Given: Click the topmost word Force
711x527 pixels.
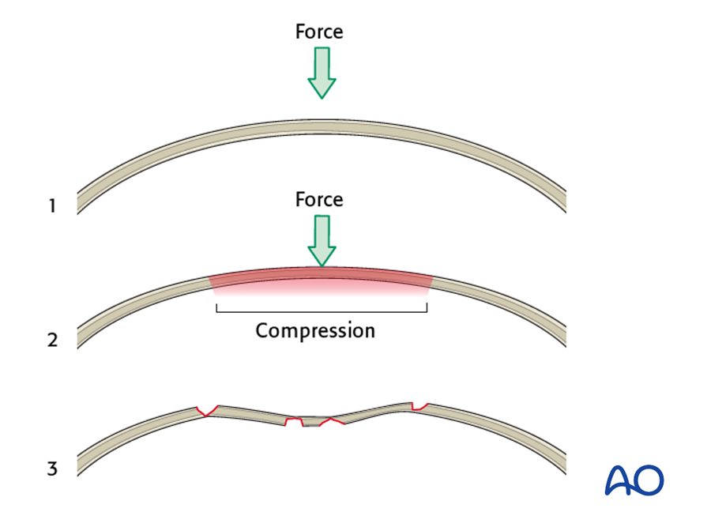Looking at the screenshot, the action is [x=319, y=32].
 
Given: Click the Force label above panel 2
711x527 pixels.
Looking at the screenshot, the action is [x=319, y=200].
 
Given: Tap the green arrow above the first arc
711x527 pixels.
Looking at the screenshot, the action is [x=322, y=73].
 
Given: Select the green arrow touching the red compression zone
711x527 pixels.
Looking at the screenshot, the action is [x=322, y=241].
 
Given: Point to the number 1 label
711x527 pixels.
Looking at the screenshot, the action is [x=52, y=206].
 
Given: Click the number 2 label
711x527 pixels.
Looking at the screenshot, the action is [x=52, y=340].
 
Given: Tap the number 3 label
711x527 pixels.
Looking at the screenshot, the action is [x=52, y=469].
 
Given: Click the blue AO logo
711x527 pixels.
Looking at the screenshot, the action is [x=634, y=480].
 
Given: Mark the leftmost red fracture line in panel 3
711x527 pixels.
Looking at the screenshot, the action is [x=207, y=411].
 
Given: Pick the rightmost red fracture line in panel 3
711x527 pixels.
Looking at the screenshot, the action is [x=419, y=406].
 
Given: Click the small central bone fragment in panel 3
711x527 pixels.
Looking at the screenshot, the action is [x=317, y=422].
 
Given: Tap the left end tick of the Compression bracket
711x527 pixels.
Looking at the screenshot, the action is [x=216, y=308].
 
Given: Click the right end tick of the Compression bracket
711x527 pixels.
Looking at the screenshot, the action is [x=427, y=308].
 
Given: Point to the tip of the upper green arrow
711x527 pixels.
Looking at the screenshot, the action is [x=322, y=99].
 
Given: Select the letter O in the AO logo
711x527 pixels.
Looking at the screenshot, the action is [x=649, y=480].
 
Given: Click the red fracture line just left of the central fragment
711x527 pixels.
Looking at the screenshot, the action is [x=294, y=421].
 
